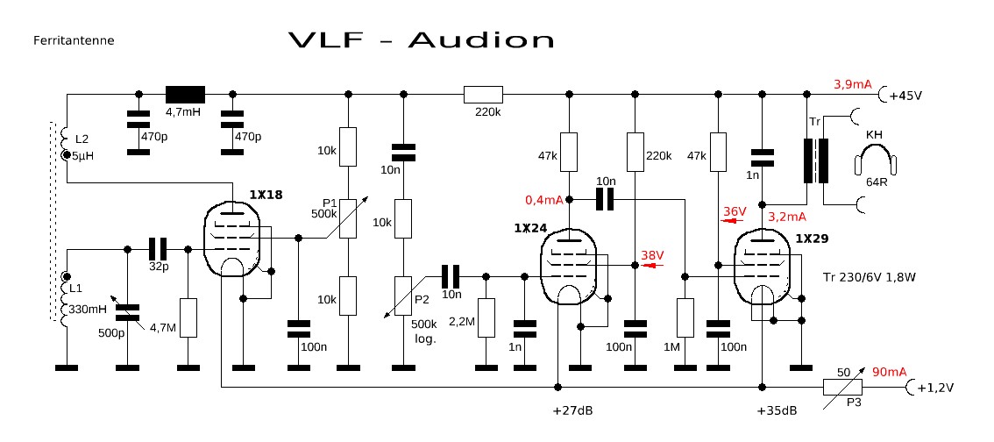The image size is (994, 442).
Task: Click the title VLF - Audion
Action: tap(422, 39)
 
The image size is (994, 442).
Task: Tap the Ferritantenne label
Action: tap(74, 40)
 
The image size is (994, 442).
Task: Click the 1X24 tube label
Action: tap(530, 228)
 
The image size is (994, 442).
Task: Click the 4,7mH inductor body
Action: tap(185, 94)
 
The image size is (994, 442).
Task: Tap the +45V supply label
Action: tap(905, 96)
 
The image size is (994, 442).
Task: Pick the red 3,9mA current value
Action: tap(852, 84)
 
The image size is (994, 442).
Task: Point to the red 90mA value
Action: tap(889, 373)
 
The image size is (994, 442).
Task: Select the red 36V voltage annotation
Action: tap(735, 211)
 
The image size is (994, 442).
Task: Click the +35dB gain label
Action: tap(777, 410)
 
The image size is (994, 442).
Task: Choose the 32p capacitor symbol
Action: tap(159, 248)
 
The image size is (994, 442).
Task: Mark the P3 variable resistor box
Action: tap(841, 387)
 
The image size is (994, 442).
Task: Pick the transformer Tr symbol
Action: tap(813, 162)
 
